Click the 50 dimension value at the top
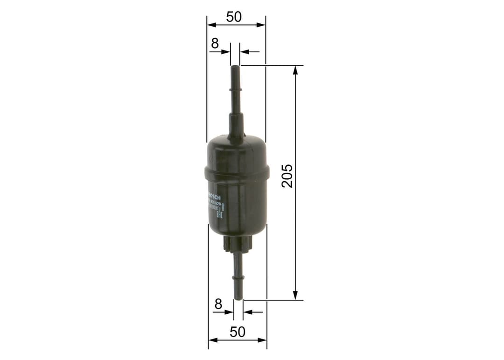(x=234, y=17)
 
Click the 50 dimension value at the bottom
(x=238, y=332)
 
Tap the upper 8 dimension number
(x=215, y=43)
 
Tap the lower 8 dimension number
(x=218, y=304)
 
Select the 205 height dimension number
(x=287, y=176)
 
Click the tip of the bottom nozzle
(x=238, y=298)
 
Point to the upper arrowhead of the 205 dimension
(x=295, y=70)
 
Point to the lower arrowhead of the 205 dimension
(x=295, y=295)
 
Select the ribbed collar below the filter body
(x=238, y=243)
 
